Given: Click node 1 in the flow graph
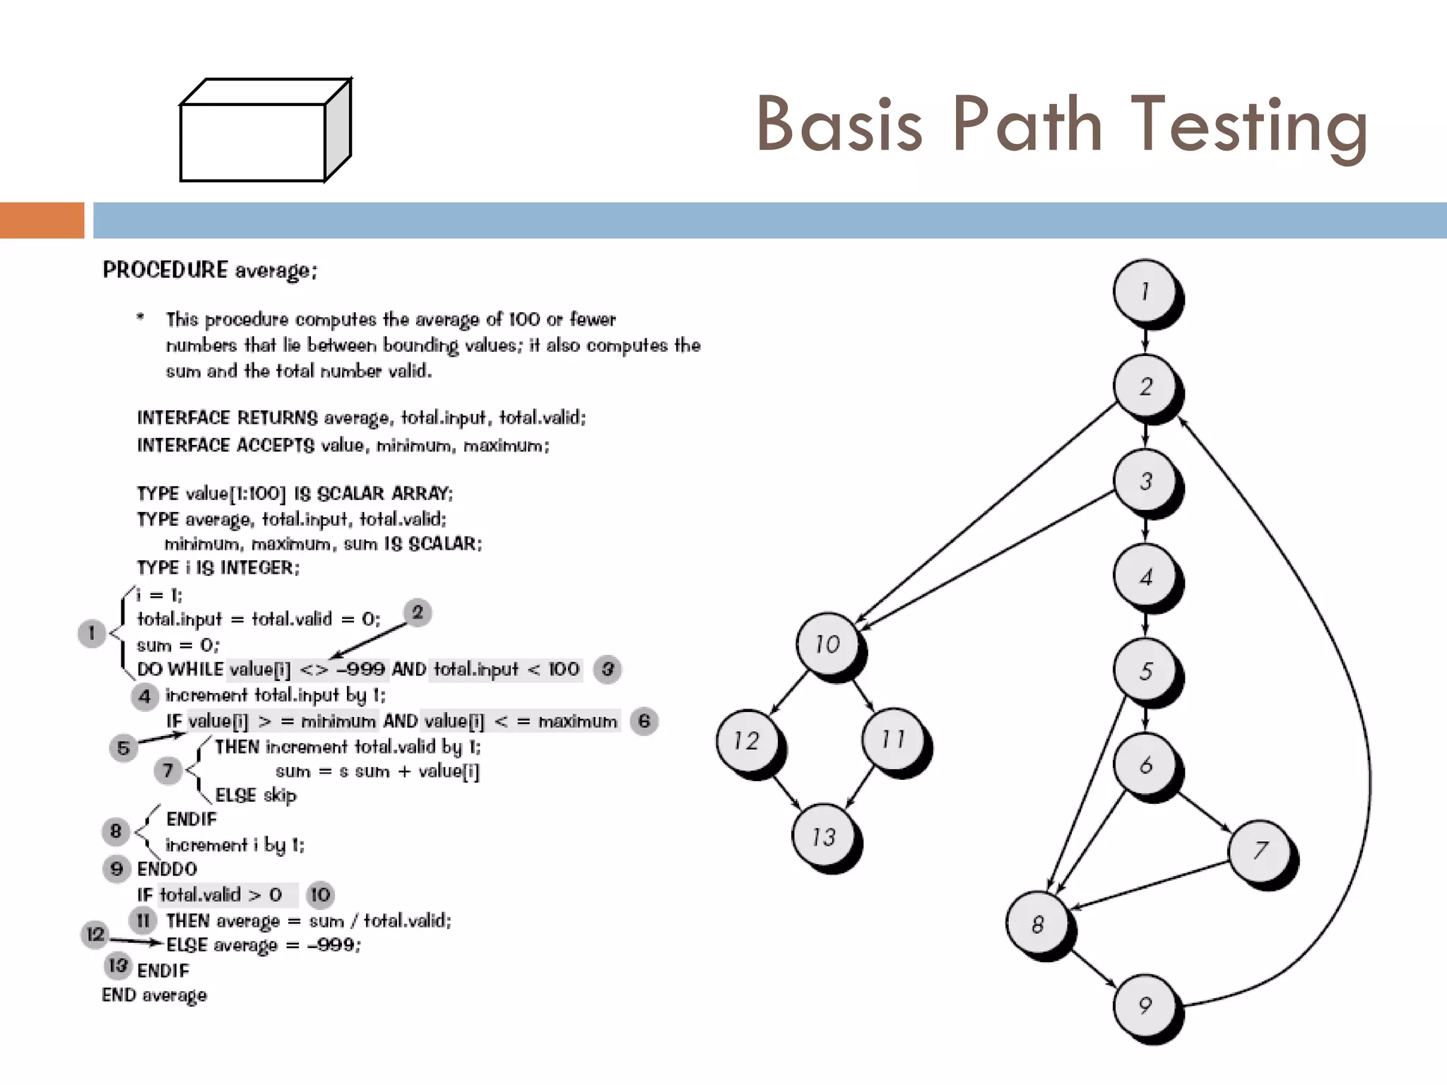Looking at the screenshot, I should pos(1145,291).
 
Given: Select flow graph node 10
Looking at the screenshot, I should pos(827,644).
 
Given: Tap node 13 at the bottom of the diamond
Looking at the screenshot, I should pos(823,836).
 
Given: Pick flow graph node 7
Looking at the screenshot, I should pos(1260,850).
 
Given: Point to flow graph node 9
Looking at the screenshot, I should pos(1145,1004).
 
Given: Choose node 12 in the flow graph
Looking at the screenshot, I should pos(746,740).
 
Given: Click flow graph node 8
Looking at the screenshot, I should pos(1037,924).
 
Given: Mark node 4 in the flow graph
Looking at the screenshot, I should pos(1145,576).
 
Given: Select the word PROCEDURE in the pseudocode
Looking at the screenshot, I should pos(165,270).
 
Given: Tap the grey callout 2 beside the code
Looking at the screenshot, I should pos(418,612).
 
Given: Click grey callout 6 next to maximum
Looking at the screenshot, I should pos(644,721).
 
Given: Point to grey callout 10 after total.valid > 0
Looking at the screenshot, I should pos(320,894).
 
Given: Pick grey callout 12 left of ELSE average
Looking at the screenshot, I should pos(95,934).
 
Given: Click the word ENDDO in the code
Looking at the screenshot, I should pos(167,868).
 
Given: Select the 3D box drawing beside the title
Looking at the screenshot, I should pos(265,131).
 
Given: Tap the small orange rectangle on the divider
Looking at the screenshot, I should pos(42,220).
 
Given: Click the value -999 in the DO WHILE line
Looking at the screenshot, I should pos(361,668).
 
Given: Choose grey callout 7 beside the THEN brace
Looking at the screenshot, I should pos(167,769).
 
